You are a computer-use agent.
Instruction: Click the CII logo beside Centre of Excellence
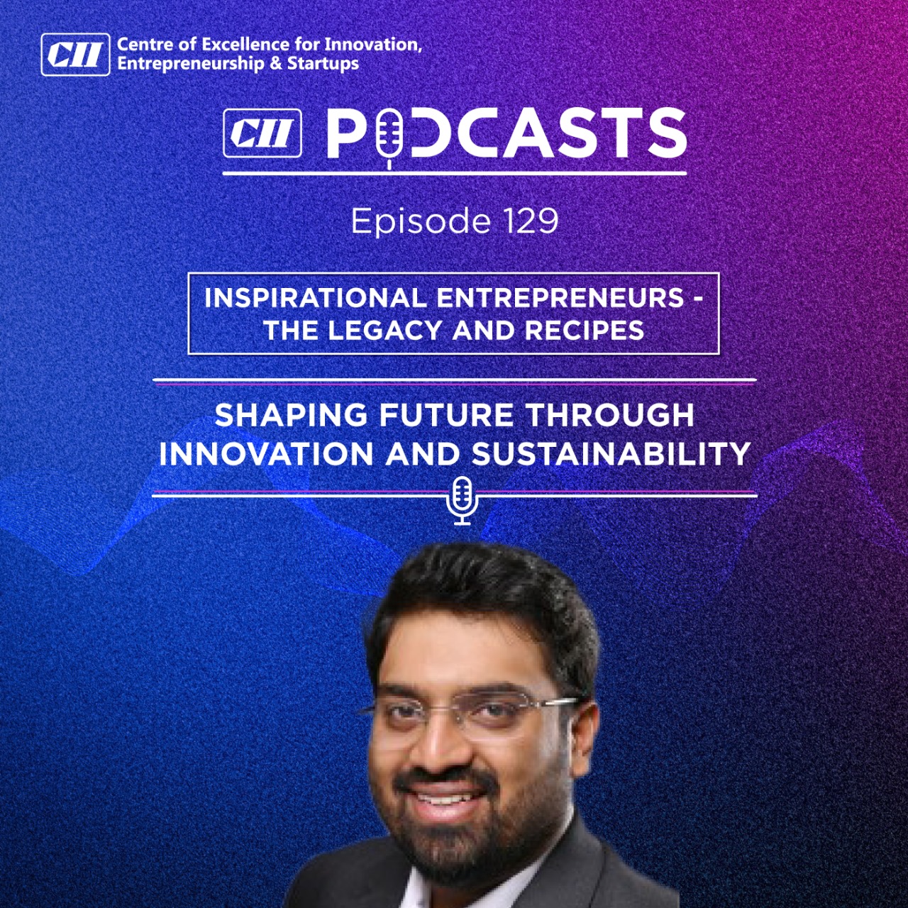(75, 54)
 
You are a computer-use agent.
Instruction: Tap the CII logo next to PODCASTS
(262, 133)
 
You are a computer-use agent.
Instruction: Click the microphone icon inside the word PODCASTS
(389, 137)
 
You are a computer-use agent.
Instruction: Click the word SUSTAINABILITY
(611, 453)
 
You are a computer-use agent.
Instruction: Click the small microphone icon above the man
(463, 500)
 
